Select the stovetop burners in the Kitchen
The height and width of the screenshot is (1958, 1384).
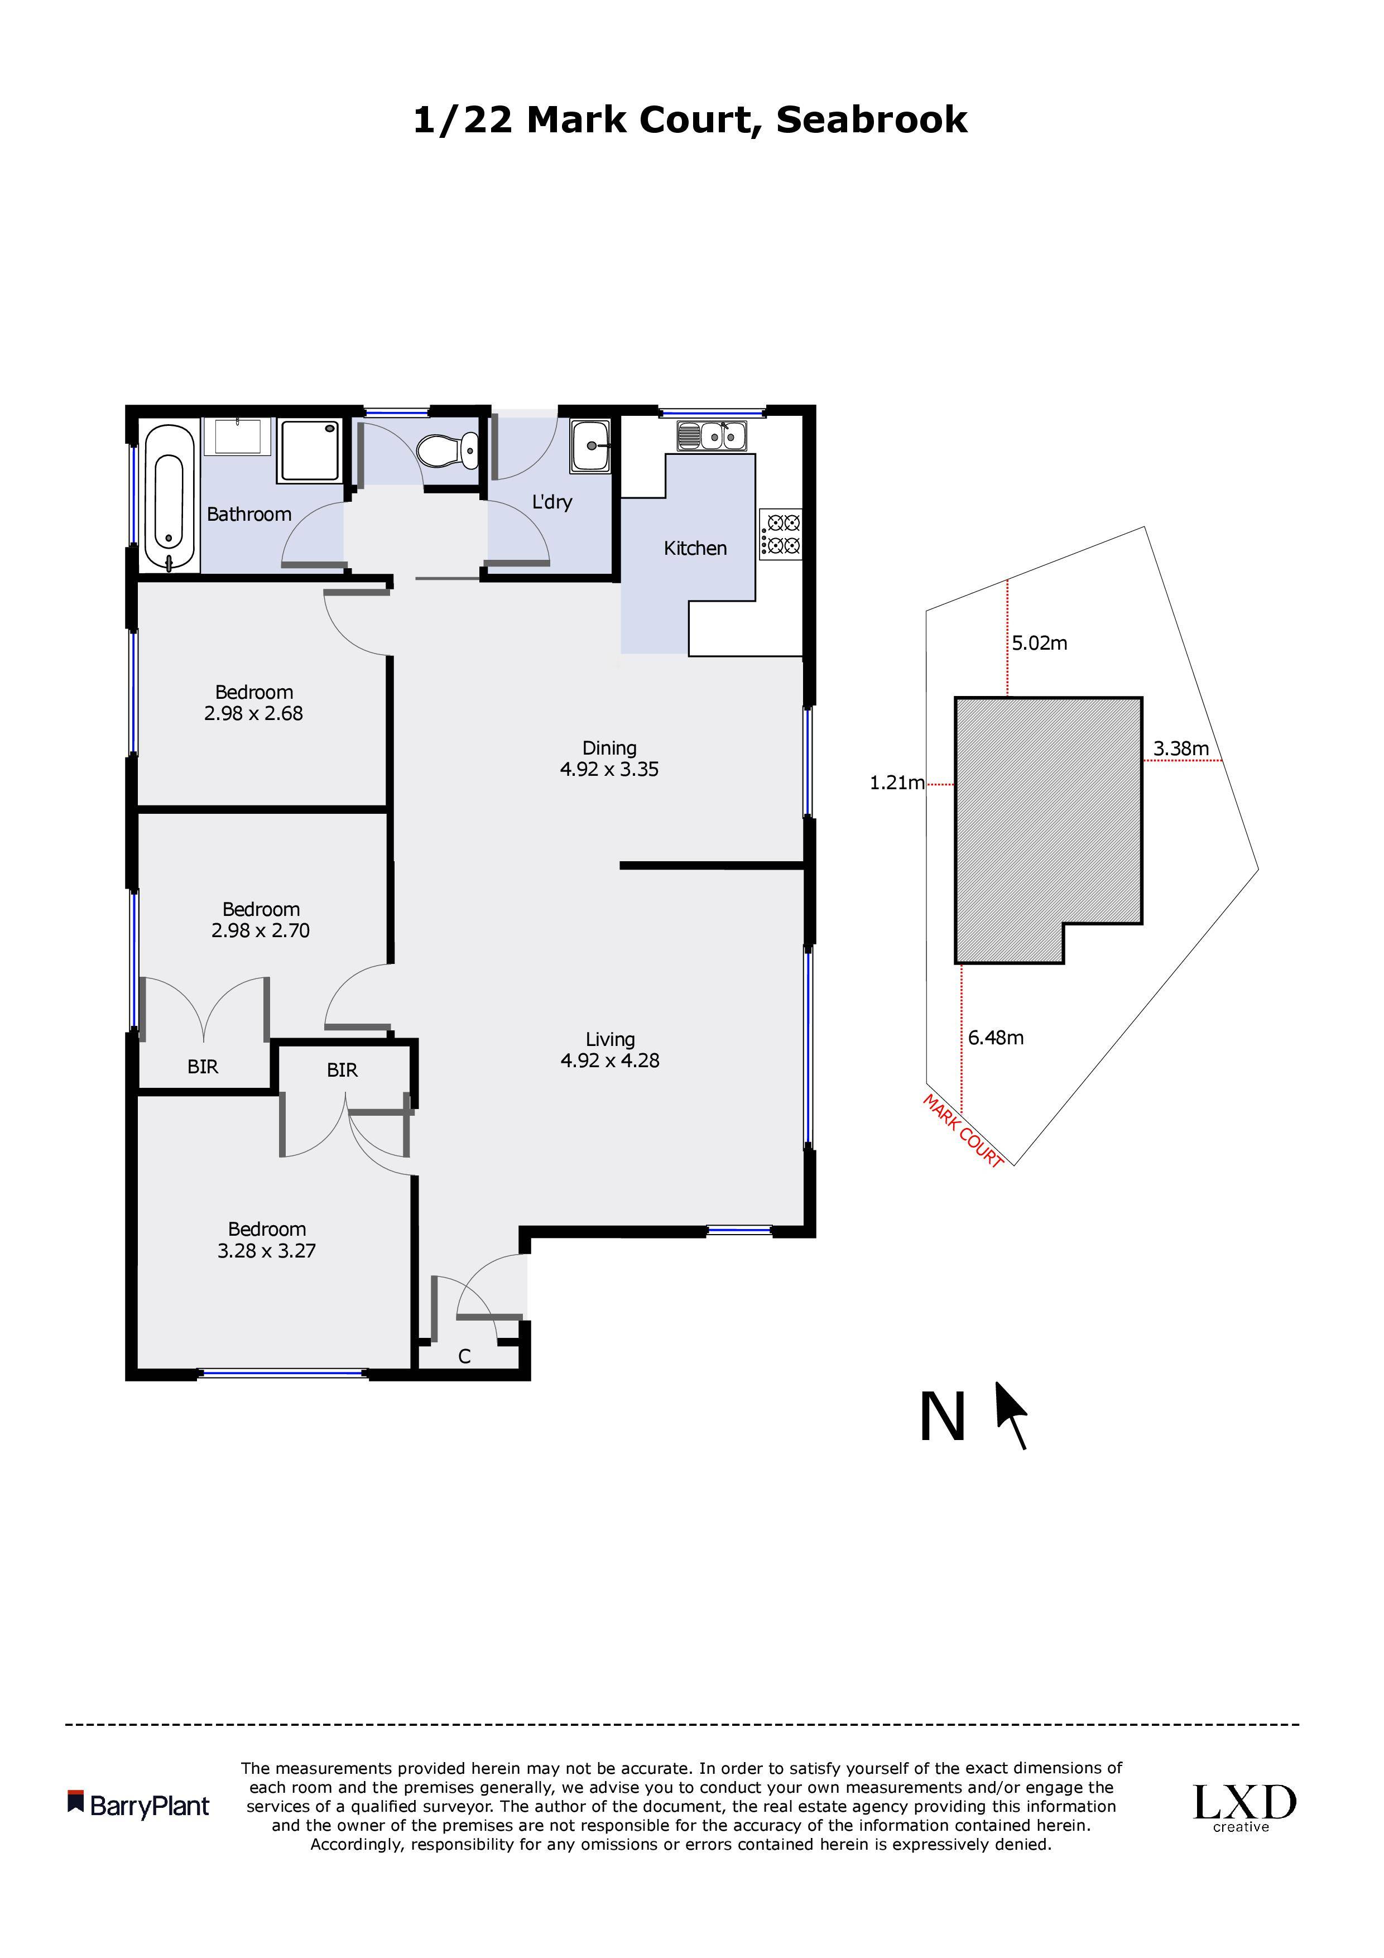point(780,534)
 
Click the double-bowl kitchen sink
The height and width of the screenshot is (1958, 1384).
point(712,436)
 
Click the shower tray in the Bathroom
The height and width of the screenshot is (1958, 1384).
point(311,449)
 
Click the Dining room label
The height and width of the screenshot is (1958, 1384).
point(610,748)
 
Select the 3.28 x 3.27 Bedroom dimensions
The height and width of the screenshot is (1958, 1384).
point(267,1251)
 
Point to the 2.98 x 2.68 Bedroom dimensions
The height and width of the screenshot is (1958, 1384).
point(253,714)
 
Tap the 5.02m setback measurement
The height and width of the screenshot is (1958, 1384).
point(1040,643)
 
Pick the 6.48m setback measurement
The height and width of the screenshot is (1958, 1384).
point(996,1038)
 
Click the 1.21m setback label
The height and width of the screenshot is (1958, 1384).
point(897,783)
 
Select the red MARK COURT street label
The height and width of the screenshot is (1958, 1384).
point(964,1131)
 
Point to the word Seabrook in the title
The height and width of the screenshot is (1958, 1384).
point(872,119)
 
